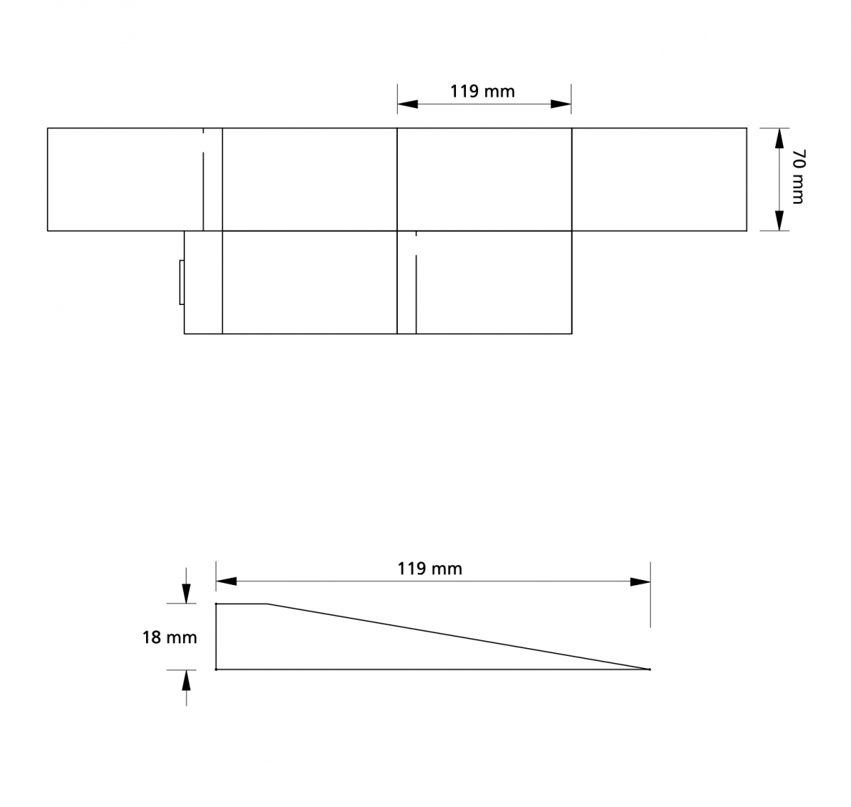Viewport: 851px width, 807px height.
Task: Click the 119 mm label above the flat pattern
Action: (482, 91)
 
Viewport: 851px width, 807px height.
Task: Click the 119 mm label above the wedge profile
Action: (430, 569)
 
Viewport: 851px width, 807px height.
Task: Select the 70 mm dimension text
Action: (798, 177)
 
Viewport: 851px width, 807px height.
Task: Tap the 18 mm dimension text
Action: (169, 638)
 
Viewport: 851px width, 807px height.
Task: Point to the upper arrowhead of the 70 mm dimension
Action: (779, 138)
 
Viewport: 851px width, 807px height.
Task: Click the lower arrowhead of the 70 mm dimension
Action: (779, 221)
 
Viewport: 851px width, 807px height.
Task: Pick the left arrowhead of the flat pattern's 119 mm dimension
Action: (408, 104)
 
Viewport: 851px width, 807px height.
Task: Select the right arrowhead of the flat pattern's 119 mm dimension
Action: (561, 104)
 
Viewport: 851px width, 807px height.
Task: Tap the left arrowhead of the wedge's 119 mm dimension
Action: (226, 581)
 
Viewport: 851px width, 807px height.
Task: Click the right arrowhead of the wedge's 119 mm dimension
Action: (640, 581)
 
